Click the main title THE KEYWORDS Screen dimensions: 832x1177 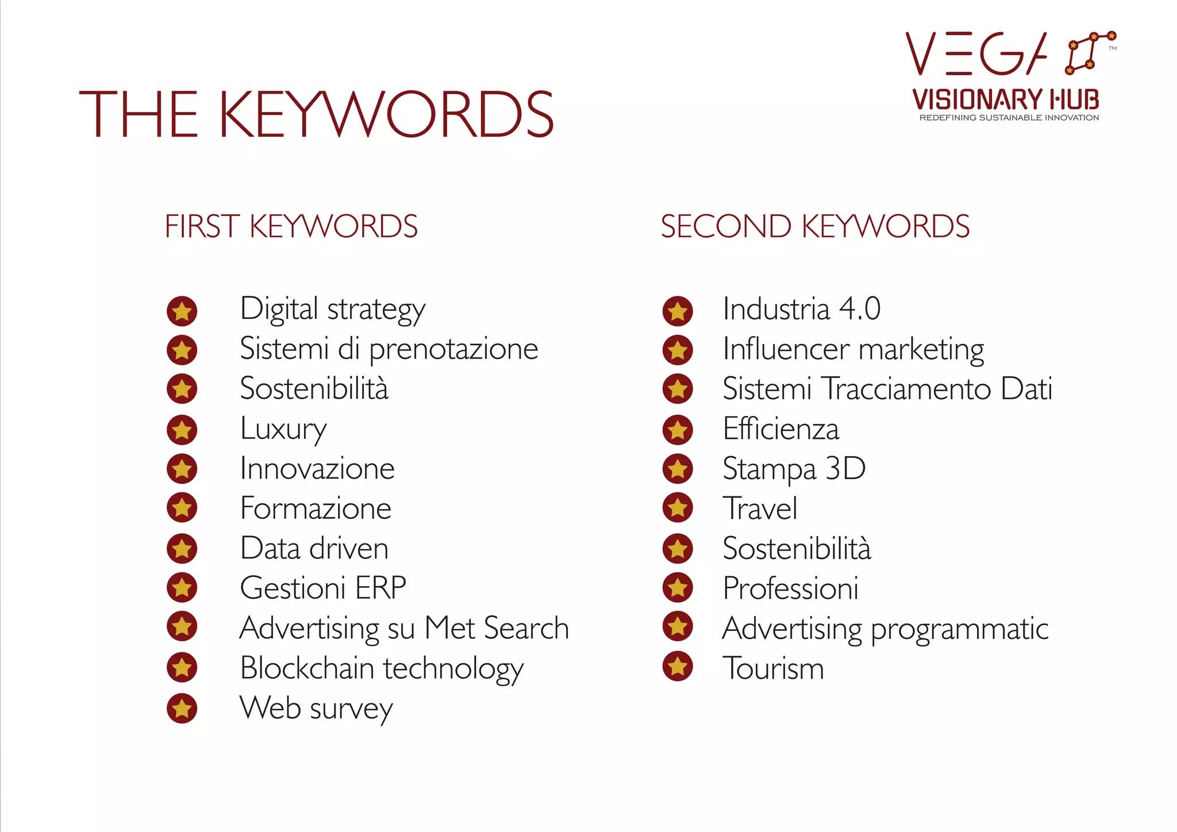(316, 114)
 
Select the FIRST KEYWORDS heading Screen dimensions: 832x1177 (291, 226)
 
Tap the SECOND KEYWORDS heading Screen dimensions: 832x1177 (815, 226)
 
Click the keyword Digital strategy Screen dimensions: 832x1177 (332, 310)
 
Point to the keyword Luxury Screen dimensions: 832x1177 (283, 429)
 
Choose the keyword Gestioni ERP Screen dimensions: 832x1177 (323, 588)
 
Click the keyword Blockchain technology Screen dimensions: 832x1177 (382, 669)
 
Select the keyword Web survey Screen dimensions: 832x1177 (316, 708)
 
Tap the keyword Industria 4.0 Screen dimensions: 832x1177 (801, 309)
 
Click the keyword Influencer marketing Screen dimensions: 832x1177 (853, 349)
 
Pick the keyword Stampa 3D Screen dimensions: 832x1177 (794, 469)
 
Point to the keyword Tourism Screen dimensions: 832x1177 (773, 669)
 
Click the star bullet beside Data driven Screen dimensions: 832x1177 (182, 549)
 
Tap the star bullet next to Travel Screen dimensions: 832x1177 (678, 508)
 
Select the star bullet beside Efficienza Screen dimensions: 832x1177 (678, 430)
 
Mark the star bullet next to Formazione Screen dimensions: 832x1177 (182, 508)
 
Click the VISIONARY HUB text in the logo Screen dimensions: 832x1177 (1006, 99)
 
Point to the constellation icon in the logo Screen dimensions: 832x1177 (1090, 52)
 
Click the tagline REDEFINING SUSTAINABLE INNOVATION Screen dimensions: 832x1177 (1009, 118)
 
